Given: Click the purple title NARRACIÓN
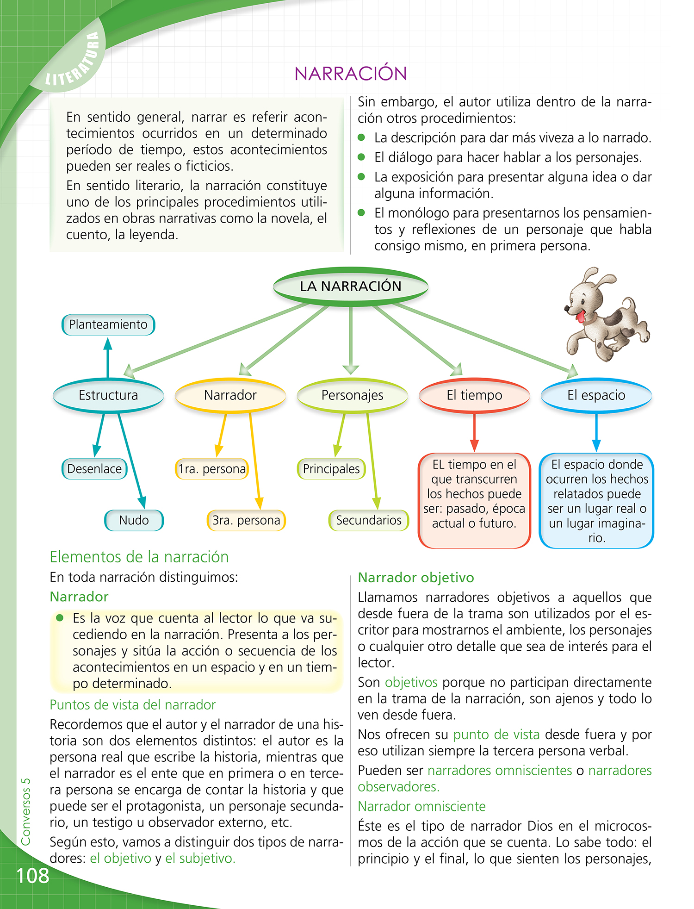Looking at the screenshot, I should point(351,74).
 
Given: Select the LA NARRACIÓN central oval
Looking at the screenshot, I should point(351,286).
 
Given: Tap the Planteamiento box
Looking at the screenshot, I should point(108,324).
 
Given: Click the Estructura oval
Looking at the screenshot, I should point(108,395).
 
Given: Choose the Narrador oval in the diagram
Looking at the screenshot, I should point(230,395).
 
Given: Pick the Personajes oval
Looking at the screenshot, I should point(352,395).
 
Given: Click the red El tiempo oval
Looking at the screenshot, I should point(474,395).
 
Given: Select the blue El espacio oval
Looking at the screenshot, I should point(596,395).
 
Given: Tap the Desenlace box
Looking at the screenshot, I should point(94,469).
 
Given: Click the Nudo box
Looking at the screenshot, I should point(134,520).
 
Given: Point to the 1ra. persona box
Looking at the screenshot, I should point(212,469).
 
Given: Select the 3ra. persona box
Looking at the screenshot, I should point(246,520).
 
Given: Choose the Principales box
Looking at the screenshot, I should point(331,469).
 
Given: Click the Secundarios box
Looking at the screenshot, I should point(369,520).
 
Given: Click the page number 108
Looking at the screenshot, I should point(32,876).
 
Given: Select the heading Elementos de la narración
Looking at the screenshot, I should point(139,557).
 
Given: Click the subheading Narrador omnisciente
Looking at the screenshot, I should point(421,806).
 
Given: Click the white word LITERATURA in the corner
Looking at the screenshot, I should point(74,60).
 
